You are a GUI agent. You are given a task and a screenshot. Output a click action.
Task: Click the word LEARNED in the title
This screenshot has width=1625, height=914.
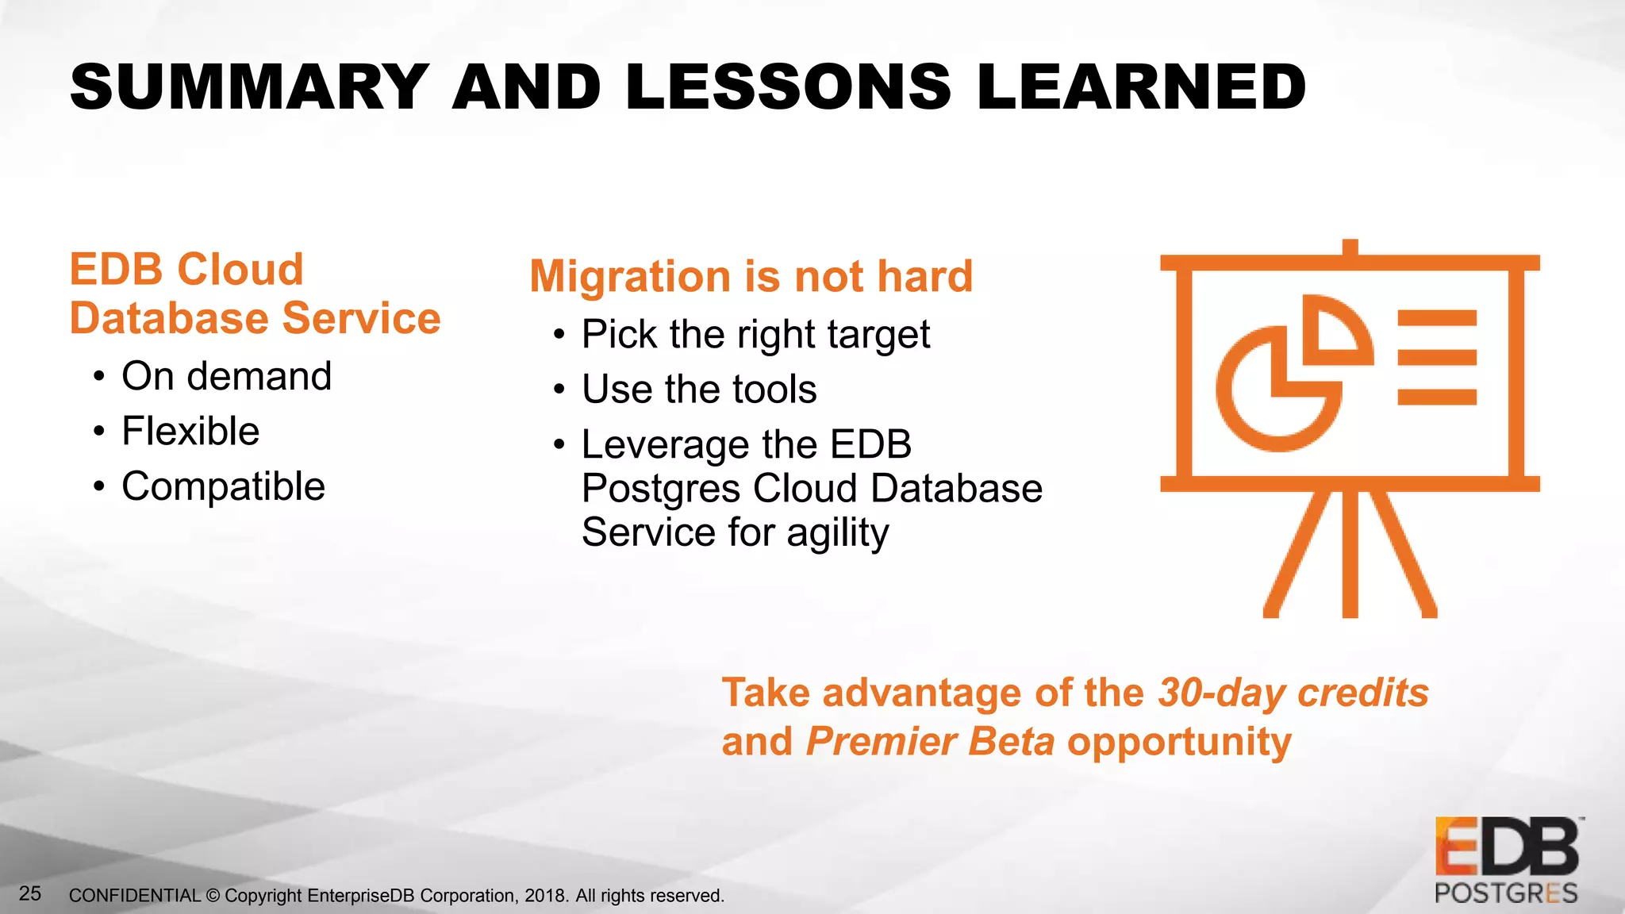coord(1141,86)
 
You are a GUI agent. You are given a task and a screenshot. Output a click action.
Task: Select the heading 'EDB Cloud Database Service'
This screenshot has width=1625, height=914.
coord(254,294)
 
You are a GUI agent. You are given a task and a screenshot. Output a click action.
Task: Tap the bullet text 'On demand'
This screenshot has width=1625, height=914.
coord(226,376)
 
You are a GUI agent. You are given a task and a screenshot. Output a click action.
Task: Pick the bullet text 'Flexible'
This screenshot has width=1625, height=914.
coord(190,432)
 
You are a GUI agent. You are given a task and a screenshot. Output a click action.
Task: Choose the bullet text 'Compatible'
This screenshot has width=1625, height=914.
coord(223,486)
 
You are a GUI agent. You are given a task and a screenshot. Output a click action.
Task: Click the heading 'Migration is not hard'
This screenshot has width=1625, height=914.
coord(751,276)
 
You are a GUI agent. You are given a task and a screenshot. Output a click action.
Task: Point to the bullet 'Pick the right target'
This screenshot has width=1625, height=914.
coord(755,334)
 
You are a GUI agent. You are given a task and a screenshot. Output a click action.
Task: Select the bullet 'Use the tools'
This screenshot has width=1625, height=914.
coord(698,390)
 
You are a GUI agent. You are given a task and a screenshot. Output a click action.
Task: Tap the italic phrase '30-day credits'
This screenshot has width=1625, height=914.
coord(1293,693)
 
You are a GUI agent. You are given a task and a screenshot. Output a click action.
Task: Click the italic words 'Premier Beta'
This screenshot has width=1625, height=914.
coord(930,742)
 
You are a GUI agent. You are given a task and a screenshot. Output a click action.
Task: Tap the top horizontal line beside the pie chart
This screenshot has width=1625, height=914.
coord(1436,319)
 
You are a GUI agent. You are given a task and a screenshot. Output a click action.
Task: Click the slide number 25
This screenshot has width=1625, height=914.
coord(30,893)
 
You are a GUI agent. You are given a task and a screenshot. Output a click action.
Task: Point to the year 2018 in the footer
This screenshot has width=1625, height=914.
coord(545,896)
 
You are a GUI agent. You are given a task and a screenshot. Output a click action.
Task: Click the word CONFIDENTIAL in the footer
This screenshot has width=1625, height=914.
coord(135,896)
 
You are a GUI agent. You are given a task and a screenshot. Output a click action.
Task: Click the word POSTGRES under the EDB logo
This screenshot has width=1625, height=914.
coord(1505,893)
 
